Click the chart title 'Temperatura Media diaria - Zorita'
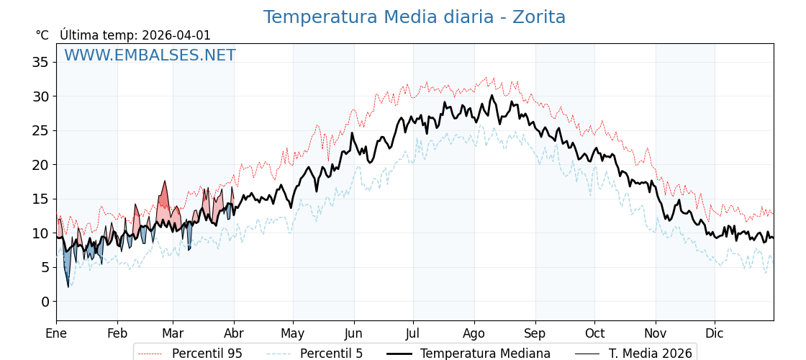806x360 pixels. point(414,17)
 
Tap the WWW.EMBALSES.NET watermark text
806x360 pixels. point(150,55)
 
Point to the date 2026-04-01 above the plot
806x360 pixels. point(176,35)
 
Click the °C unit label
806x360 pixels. point(42,35)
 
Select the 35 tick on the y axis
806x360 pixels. point(40,62)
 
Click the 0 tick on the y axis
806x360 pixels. point(45,302)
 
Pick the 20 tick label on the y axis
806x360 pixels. point(40,165)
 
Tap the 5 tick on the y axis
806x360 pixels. point(45,267)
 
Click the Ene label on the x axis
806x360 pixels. point(56,333)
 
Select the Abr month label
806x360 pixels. point(234,333)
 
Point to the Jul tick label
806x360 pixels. point(413,333)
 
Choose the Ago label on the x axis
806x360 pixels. point(474,333)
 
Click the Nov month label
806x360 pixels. point(656,333)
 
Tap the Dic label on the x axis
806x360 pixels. point(715,333)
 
